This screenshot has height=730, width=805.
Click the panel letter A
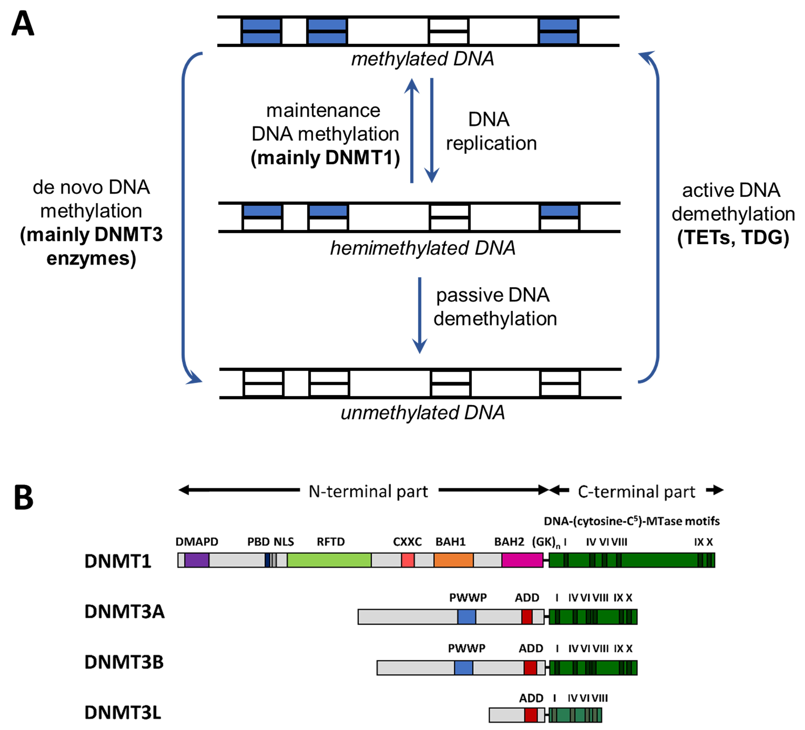pyautogui.click(x=23, y=24)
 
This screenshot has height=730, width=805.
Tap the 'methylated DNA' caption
pyautogui.click(x=422, y=59)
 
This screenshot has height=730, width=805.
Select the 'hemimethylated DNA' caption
pyautogui.click(x=422, y=248)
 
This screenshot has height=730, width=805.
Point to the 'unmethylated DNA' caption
pyautogui.click(x=422, y=413)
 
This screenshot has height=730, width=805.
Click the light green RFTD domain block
pyautogui.click(x=329, y=560)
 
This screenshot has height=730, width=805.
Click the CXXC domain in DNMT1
pyautogui.click(x=408, y=560)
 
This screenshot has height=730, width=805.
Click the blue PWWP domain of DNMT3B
pyautogui.click(x=463, y=667)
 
